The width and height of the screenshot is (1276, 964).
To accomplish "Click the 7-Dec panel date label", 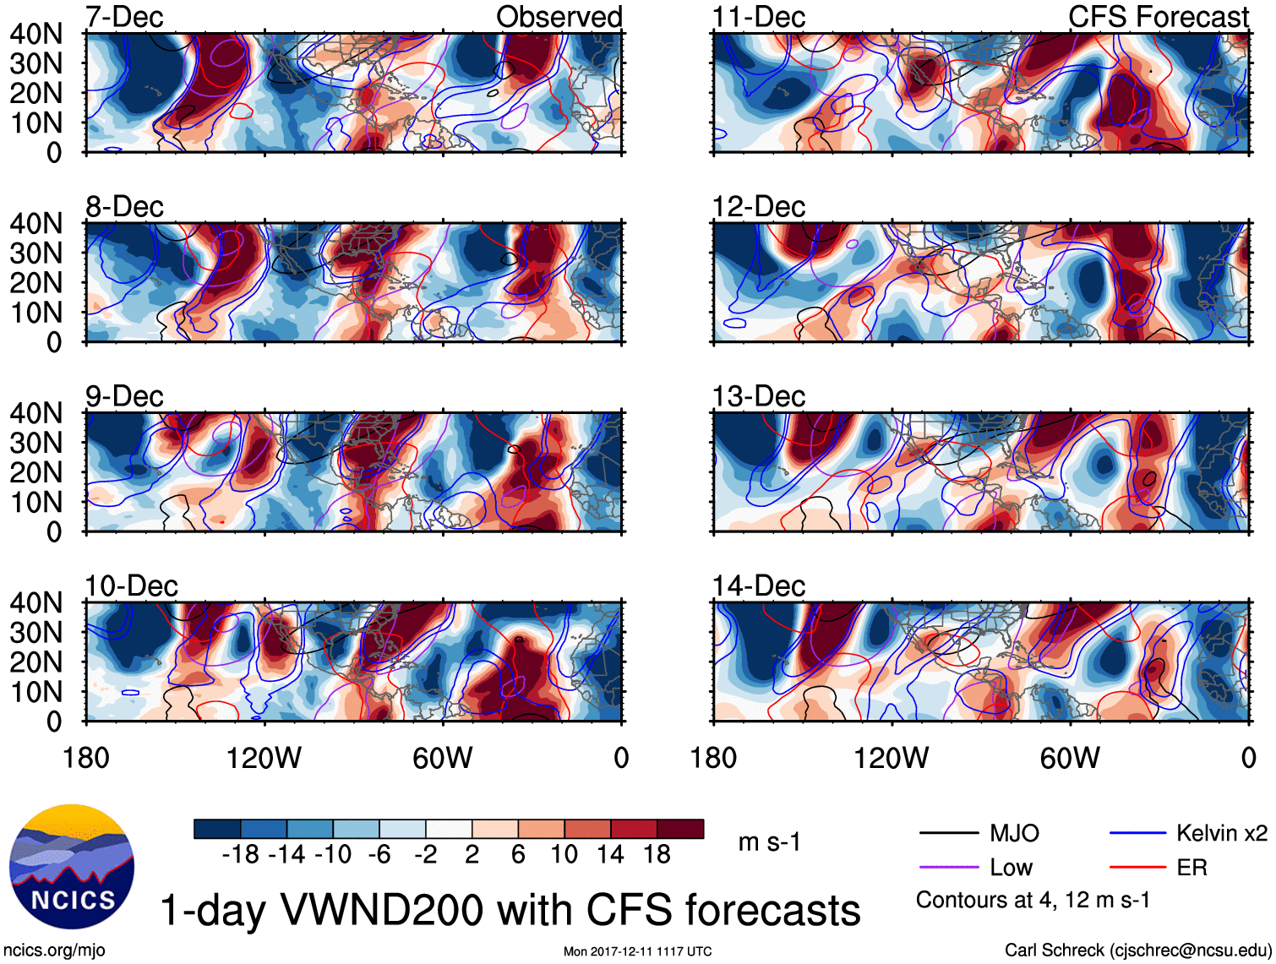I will [x=124, y=17].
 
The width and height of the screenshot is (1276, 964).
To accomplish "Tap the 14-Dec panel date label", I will [x=758, y=585].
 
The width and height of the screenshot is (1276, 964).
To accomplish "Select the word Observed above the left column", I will [x=559, y=17].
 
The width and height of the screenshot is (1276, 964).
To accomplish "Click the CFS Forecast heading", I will [x=1158, y=17].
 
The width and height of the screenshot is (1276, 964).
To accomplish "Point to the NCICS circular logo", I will [x=72, y=867].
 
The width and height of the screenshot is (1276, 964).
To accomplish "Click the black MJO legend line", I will [x=948, y=834].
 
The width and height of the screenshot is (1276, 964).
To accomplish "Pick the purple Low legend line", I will [x=948, y=868].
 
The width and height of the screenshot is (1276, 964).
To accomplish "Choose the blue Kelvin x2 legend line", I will [x=1137, y=834].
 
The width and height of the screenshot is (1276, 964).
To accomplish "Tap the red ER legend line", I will [x=1137, y=868].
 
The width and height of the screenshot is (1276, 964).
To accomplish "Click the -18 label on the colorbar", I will [x=240, y=855].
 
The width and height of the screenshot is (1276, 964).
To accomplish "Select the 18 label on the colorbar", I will [x=657, y=855].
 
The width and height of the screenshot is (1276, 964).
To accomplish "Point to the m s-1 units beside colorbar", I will [x=769, y=842].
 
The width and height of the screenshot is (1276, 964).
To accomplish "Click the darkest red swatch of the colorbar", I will [x=680, y=829].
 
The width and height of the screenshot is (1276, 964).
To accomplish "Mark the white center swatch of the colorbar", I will [x=449, y=829].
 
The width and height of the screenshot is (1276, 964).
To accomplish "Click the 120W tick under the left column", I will [x=264, y=758].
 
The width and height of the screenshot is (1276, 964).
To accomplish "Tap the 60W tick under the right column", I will [x=1070, y=758].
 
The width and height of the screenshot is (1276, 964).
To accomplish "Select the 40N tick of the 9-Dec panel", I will [x=35, y=413].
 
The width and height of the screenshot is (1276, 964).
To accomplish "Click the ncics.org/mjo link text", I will [x=54, y=950].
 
